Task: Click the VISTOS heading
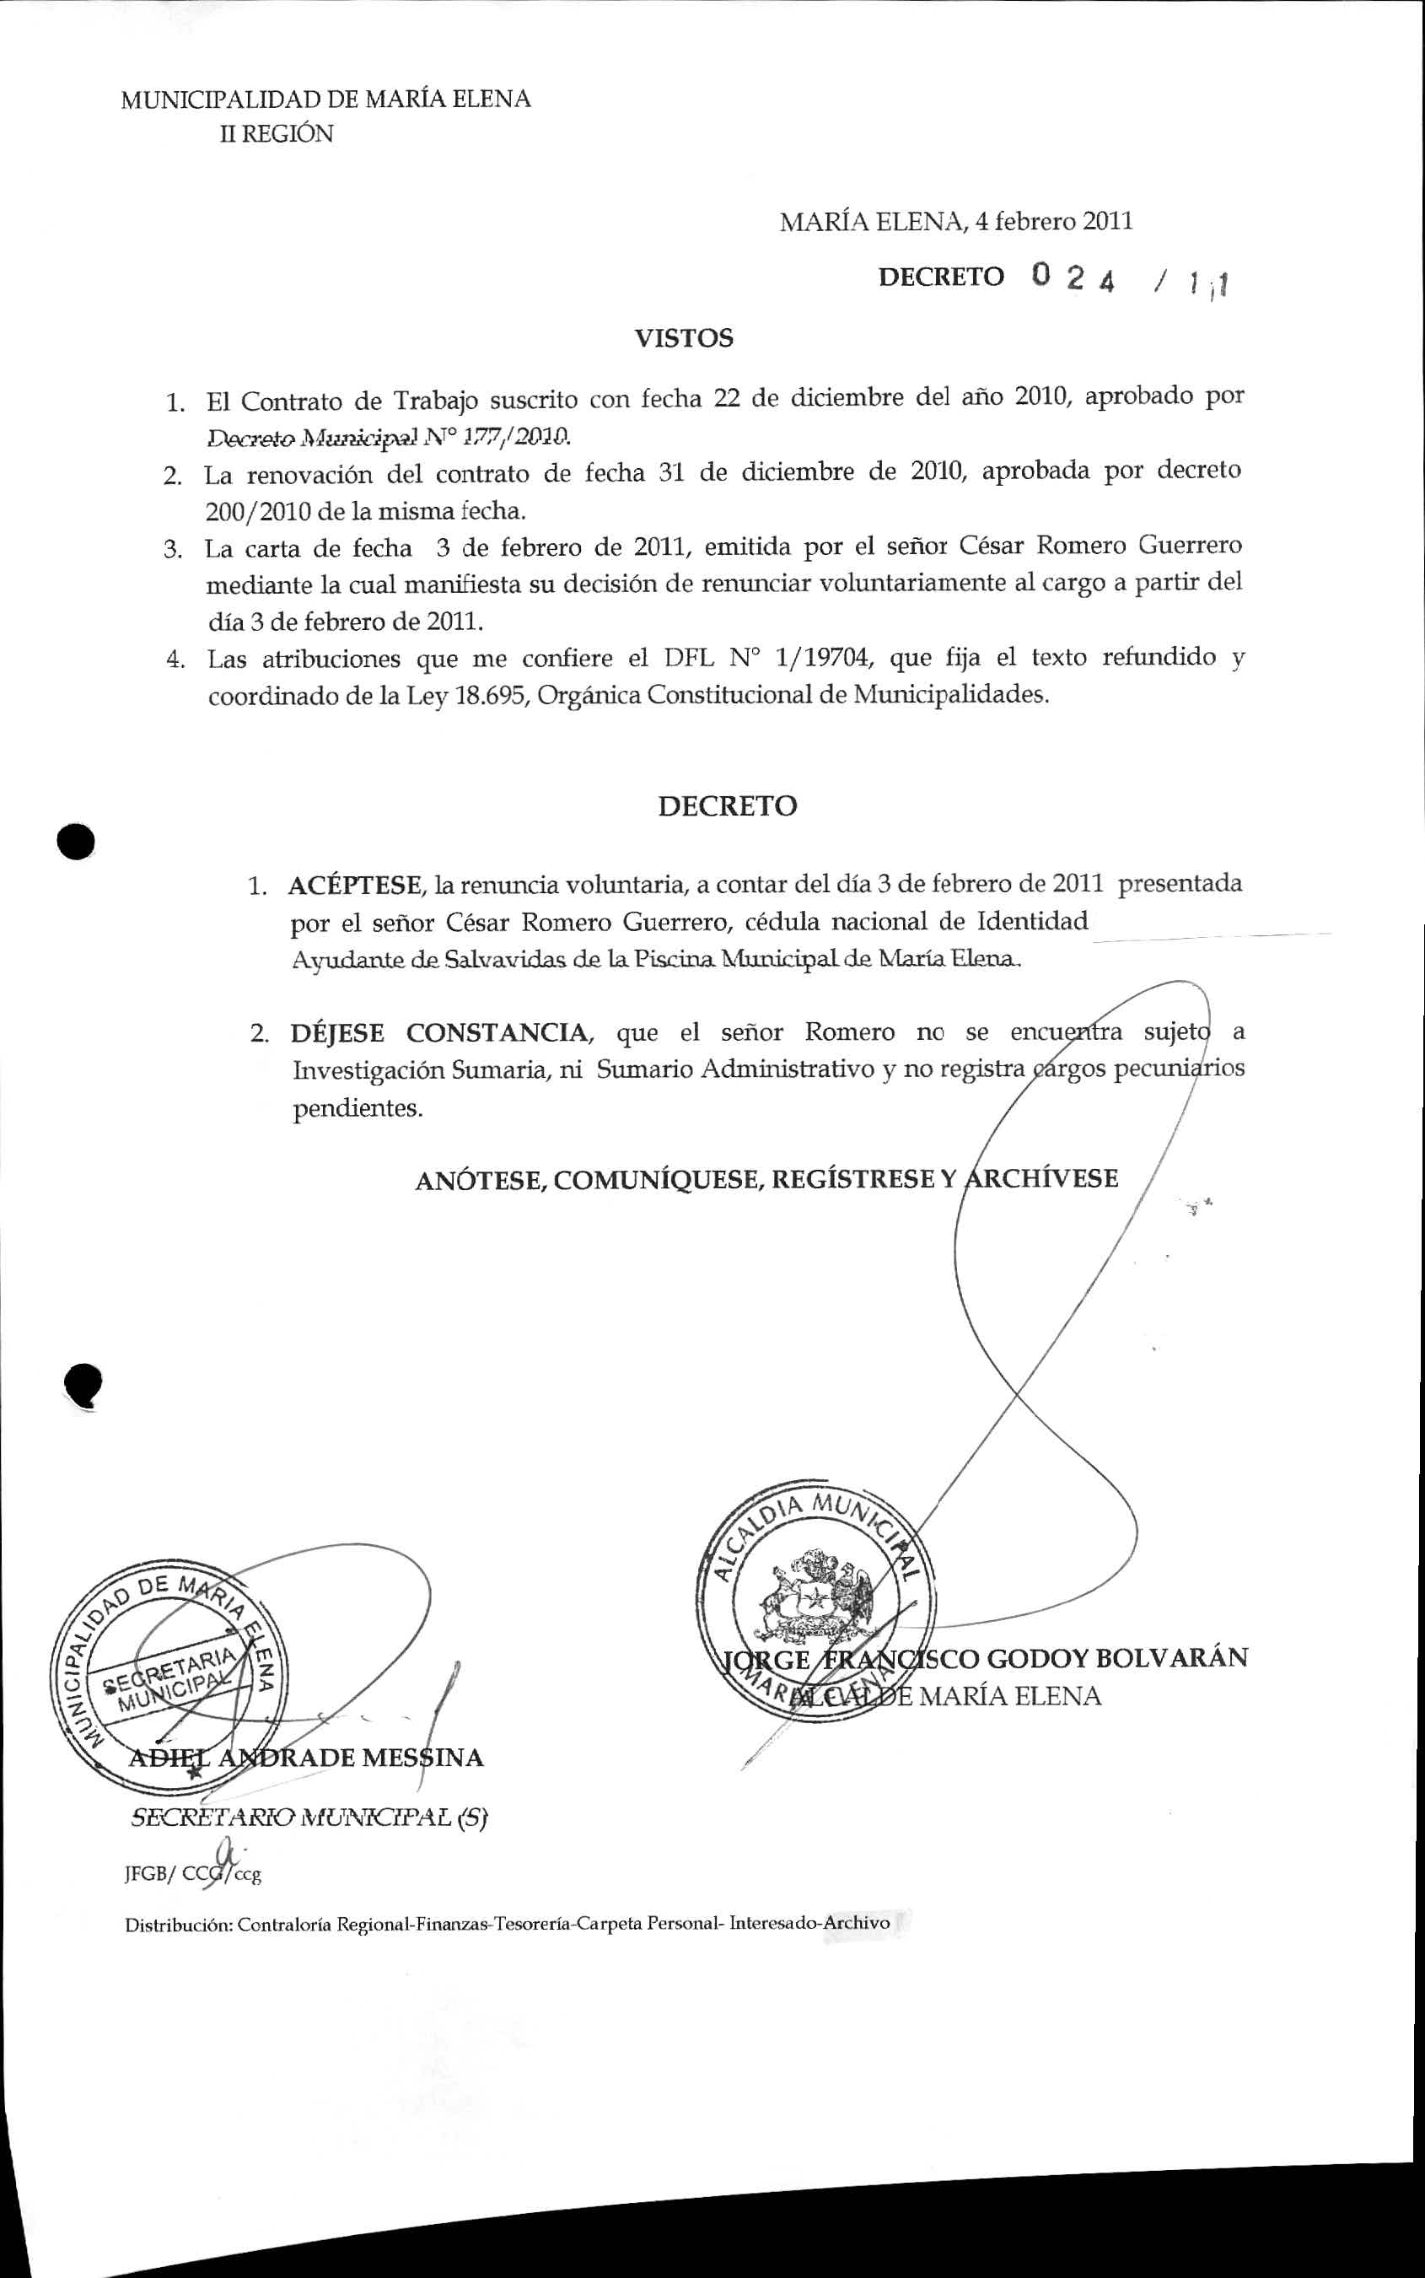[x=683, y=338]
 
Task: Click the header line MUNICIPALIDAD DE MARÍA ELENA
[x=325, y=100]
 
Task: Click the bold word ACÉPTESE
[x=354, y=886]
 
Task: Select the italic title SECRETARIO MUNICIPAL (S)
[x=308, y=1818]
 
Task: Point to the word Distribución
[x=178, y=1924]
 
